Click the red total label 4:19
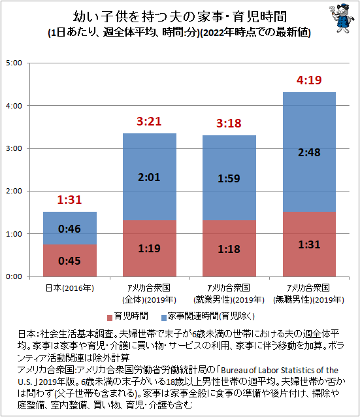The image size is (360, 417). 309,80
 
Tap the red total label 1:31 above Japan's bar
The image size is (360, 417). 69,200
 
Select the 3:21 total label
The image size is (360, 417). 149,122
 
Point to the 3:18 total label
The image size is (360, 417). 229,123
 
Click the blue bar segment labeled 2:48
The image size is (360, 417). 309,152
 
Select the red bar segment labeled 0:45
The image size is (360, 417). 70,261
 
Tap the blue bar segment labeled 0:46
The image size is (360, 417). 70,228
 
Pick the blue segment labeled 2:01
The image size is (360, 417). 150,177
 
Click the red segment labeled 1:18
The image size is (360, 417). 229,248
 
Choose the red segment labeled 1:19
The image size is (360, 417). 150,248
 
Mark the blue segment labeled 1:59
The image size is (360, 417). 229,178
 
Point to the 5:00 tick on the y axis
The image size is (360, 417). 14,63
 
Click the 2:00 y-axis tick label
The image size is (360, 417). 14,192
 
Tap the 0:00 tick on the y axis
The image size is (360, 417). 14,276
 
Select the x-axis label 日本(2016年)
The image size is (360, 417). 70,288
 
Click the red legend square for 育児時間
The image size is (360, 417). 110,318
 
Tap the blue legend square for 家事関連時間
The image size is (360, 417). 164,318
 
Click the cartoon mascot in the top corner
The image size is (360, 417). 342,18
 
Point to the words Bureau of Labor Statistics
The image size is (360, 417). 268,370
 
